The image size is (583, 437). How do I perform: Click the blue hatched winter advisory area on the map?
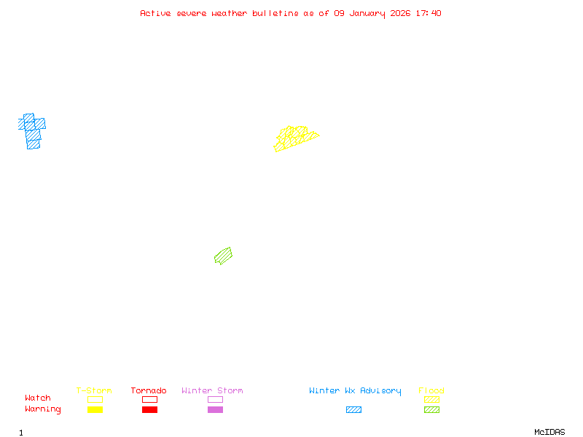pyautogui.click(x=32, y=131)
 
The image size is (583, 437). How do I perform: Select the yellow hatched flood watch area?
pyautogui.click(x=294, y=138)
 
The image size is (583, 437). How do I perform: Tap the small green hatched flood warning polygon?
pyautogui.click(x=223, y=256)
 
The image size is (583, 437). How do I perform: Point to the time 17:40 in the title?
pyautogui.click(x=429, y=13)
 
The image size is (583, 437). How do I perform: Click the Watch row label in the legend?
pyautogui.click(x=38, y=398)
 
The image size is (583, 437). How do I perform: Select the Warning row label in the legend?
pyautogui.click(x=42, y=409)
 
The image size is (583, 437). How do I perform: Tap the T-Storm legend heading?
pyautogui.click(x=94, y=390)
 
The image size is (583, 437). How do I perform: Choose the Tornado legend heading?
pyautogui.click(x=149, y=390)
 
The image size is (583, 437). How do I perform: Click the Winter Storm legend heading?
pyautogui.click(x=212, y=390)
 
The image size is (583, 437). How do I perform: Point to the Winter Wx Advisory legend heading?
pyautogui.click(x=355, y=390)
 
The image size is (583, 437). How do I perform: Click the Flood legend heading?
pyautogui.click(x=431, y=390)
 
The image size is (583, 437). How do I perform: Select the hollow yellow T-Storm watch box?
pyautogui.click(x=95, y=399)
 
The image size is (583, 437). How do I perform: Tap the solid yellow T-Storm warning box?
pyautogui.click(x=95, y=409)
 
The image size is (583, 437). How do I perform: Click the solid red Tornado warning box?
pyautogui.click(x=149, y=409)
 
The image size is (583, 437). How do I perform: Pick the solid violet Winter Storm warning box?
pyautogui.click(x=215, y=409)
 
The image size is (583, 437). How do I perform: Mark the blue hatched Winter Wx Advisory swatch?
pyautogui.click(x=353, y=409)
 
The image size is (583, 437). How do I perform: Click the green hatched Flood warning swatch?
pyautogui.click(x=431, y=409)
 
